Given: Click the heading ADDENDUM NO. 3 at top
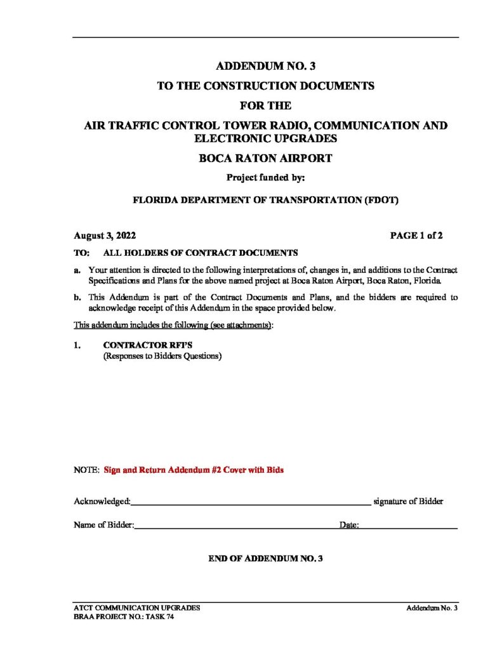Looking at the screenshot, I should click(x=265, y=65).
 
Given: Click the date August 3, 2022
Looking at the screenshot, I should click(x=105, y=235).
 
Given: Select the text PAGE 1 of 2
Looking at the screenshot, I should click(x=416, y=235).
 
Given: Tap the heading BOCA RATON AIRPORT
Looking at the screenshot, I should click(x=265, y=159).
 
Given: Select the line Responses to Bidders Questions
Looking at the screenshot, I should click(x=162, y=357).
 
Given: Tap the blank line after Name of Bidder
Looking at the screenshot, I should click(x=235, y=526).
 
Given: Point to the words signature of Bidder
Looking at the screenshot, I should click(x=408, y=501).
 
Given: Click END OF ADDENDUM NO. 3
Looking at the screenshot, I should click(x=265, y=559).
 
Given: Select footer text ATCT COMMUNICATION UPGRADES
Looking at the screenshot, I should click(x=137, y=607).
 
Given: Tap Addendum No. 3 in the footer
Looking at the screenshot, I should click(x=432, y=607).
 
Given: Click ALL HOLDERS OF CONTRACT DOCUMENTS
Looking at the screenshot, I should click(x=200, y=252).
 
